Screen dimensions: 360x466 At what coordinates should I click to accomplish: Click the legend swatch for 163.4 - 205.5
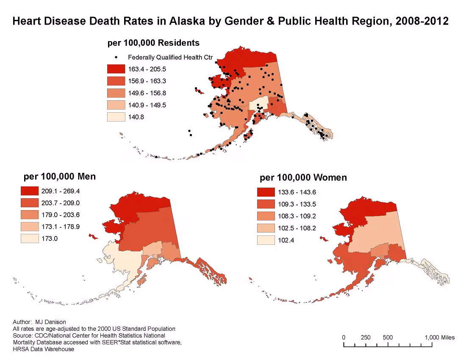[x=116, y=69]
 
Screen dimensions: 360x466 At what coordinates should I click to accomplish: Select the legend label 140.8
[x=136, y=117]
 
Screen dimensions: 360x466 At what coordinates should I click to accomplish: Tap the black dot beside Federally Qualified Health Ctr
[x=116, y=57]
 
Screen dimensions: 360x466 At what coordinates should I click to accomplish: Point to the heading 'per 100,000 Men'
[x=59, y=176]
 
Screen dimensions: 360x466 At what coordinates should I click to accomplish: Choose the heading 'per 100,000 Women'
[x=303, y=177]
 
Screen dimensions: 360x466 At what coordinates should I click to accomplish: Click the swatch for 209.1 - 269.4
[x=30, y=191]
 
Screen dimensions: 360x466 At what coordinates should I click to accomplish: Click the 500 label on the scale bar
[x=387, y=338]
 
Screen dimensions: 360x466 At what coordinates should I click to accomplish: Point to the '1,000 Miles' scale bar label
[x=439, y=338]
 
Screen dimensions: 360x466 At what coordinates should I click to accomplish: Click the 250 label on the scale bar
[x=365, y=338]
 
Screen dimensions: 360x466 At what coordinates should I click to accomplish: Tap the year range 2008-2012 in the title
[x=420, y=21]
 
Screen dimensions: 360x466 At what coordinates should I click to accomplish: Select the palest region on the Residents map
[x=258, y=103]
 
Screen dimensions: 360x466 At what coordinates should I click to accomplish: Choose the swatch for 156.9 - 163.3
[x=116, y=81]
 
